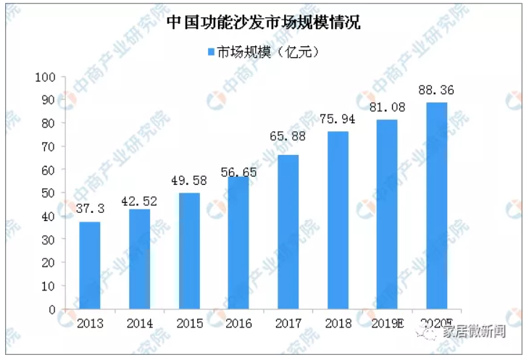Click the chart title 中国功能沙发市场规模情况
coord(264,22)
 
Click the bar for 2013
coord(91,265)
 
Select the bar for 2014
coord(140,259)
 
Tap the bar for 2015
coord(189,251)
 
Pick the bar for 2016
coord(239,243)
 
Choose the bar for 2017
coord(288,232)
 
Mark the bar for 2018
coord(338,220)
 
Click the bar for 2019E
coord(387,214)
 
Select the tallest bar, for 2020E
coord(436,206)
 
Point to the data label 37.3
coord(91,208)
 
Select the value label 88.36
coord(436,90)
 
